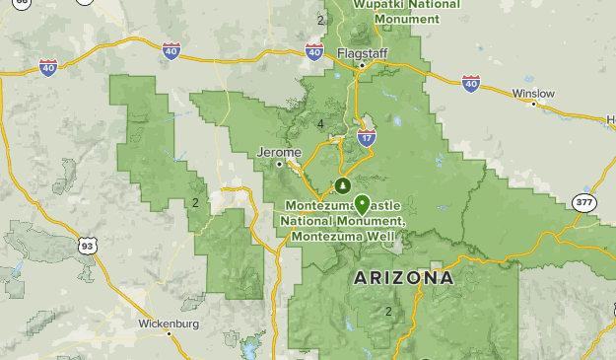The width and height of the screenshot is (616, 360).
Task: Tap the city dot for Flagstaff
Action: tap(362, 65)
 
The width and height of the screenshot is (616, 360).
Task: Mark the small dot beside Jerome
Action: tap(280, 164)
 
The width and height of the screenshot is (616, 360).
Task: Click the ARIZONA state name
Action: tap(404, 278)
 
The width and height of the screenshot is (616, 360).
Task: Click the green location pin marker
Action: tap(362, 204)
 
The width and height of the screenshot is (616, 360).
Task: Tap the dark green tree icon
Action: tap(343, 185)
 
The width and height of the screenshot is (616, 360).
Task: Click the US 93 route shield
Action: tap(88, 246)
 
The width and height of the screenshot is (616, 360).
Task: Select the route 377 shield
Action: tap(583, 202)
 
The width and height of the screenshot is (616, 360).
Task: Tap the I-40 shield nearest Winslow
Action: tap(470, 84)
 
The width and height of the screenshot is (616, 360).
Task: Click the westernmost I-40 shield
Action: tap(48, 66)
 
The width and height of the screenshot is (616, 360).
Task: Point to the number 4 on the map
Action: tap(321, 123)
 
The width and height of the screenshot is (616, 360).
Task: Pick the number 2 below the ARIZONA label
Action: tap(388, 312)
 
